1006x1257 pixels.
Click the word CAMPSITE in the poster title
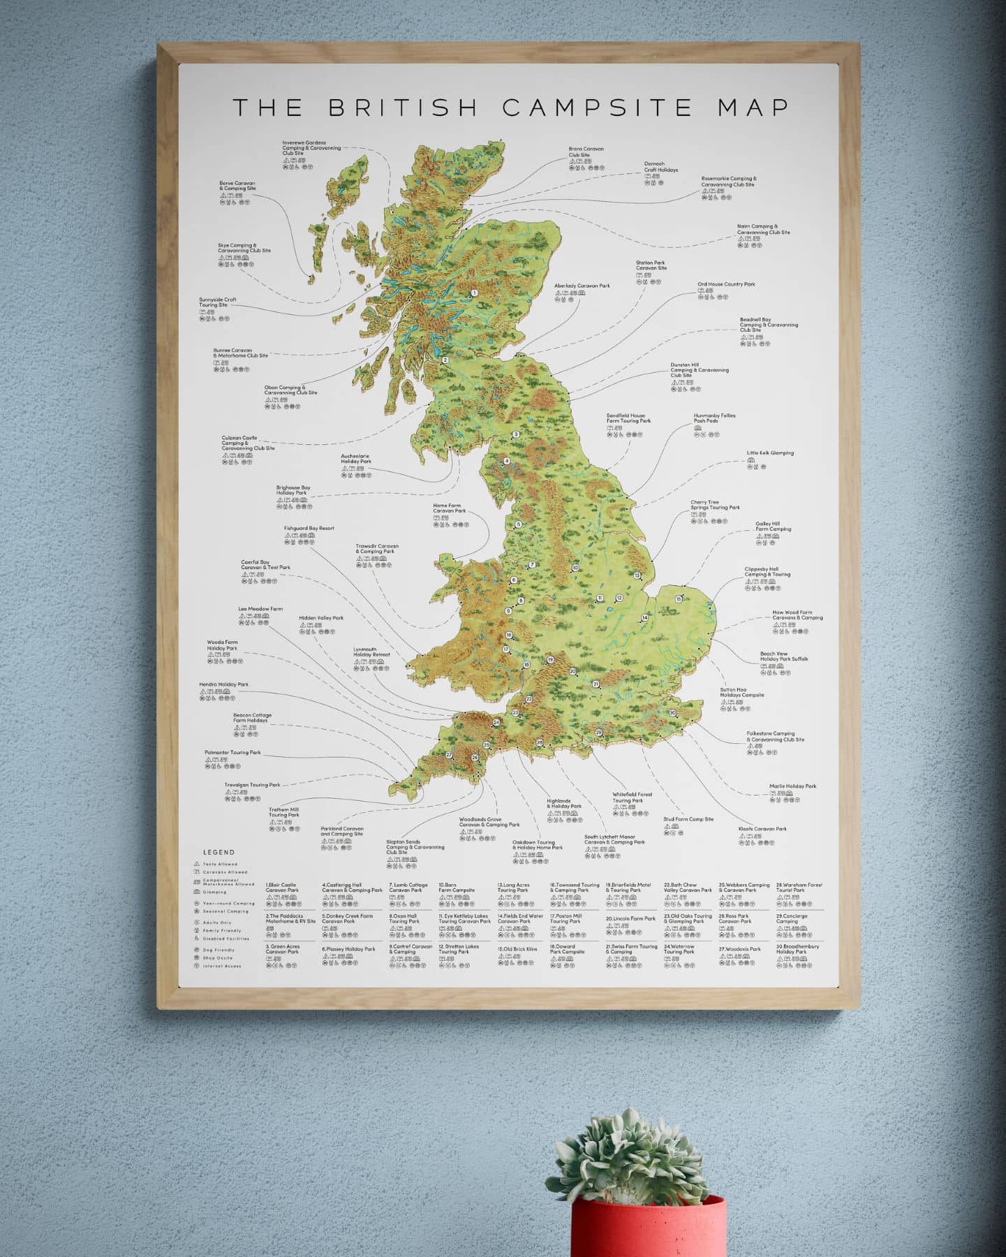click(x=597, y=108)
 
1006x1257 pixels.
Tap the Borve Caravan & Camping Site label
click(x=237, y=186)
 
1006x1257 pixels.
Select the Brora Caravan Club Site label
click(x=586, y=152)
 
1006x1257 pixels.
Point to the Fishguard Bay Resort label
click(x=309, y=529)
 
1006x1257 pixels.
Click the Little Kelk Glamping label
click(x=769, y=453)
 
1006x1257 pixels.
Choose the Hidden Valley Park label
click(x=321, y=618)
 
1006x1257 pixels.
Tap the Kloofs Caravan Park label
click(x=762, y=829)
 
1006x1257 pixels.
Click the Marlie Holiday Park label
click(x=792, y=786)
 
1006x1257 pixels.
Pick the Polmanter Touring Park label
click(x=232, y=753)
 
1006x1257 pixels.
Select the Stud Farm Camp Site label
click(x=688, y=819)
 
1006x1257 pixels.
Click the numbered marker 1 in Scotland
click(x=474, y=293)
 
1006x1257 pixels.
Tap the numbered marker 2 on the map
click(x=445, y=360)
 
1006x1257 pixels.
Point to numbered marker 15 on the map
click(x=679, y=598)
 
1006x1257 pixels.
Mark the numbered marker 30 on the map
click(x=672, y=713)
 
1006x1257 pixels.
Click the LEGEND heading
click(x=219, y=852)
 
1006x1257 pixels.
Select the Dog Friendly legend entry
click(x=219, y=950)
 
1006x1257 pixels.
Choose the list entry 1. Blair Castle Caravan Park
click(x=282, y=888)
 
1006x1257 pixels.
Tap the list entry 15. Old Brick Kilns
click(x=517, y=949)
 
